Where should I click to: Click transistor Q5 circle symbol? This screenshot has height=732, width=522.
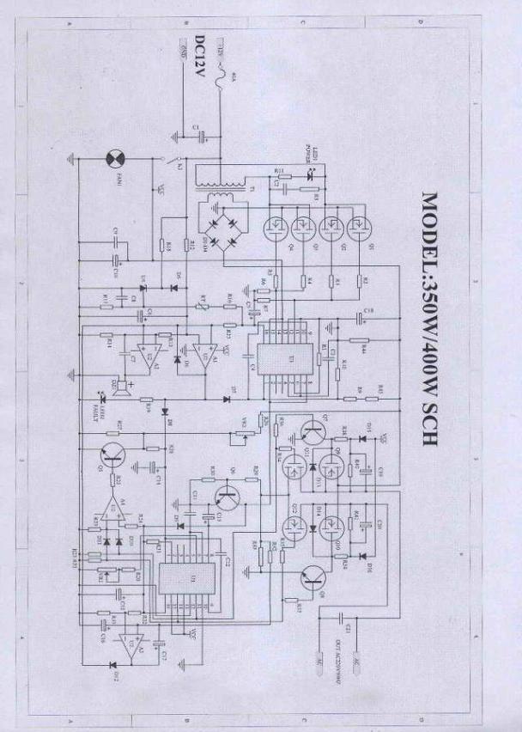point(111,456)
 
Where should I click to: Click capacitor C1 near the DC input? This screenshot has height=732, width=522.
point(199,132)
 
